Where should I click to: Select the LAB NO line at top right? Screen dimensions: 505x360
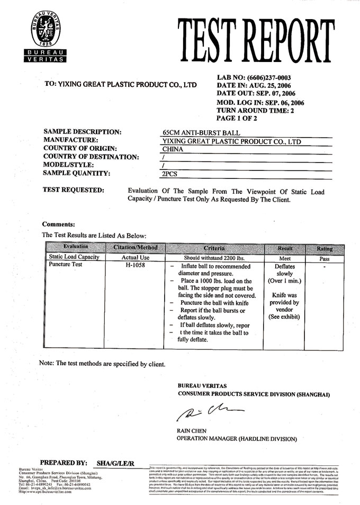click(254, 77)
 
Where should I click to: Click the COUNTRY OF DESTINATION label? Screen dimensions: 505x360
click(91, 157)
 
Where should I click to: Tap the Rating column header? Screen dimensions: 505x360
click(325, 248)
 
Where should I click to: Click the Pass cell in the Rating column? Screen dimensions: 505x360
click(325, 259)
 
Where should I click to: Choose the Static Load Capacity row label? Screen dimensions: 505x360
click(74, 257)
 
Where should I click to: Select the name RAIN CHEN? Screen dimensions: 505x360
click(192, 431)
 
